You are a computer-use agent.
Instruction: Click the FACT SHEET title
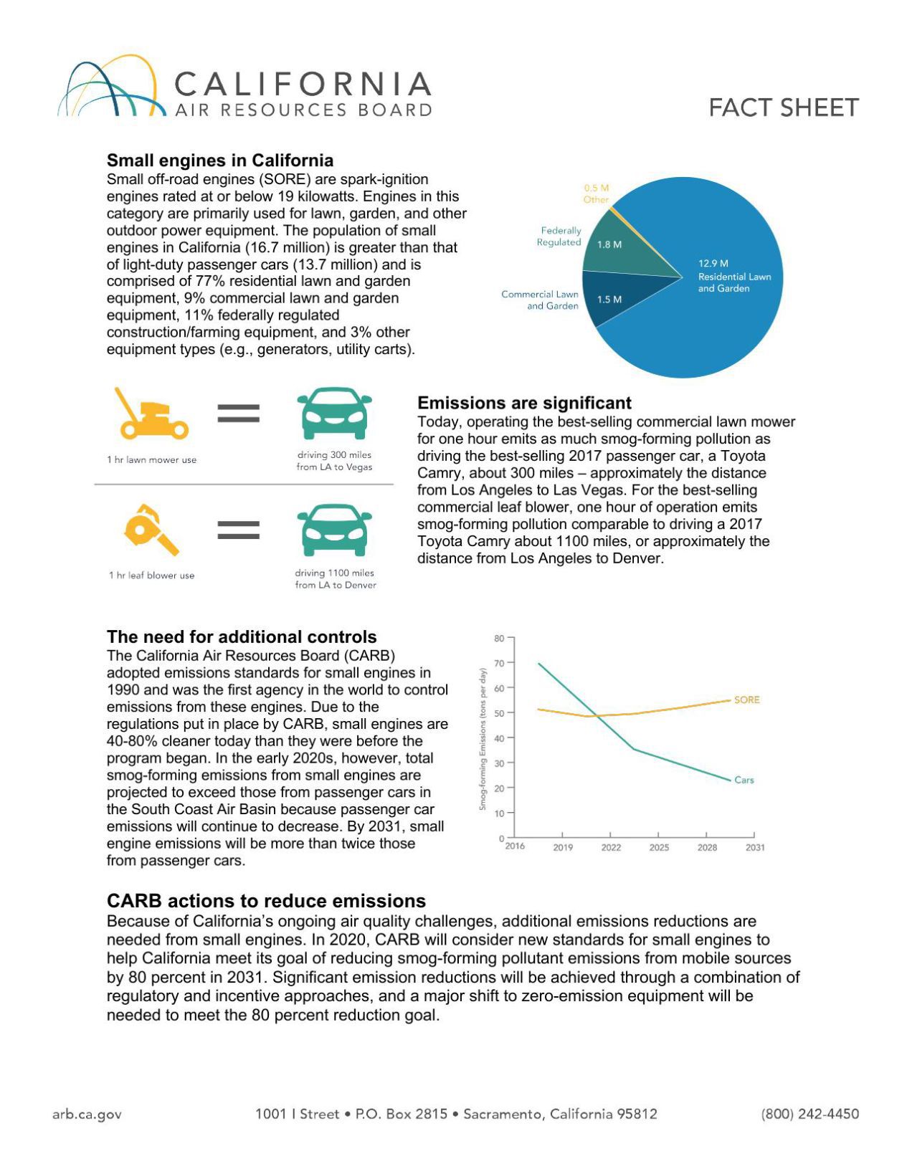pos(783,108)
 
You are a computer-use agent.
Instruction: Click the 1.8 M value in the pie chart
pos(609,244)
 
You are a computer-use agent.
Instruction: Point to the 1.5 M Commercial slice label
pos(609,300)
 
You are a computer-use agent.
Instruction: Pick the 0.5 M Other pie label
pos(596,194)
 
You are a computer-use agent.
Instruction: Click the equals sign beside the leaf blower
pos(238,530)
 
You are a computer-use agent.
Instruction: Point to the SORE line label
pos(746,700)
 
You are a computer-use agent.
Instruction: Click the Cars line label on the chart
pos(744,780)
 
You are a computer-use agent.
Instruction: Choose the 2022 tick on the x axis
pos(611,847)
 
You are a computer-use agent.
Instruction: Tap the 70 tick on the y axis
pos(499,663)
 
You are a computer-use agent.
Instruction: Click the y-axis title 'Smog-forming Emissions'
pos(483,739)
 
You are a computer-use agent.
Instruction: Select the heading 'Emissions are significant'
pos(524,403)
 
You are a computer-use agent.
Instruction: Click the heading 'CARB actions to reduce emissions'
pos(266,901)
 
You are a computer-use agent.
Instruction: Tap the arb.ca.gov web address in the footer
pos(87,1114)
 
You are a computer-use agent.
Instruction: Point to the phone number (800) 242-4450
pos(809,1114)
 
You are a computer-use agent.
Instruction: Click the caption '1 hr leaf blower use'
pos(151,576)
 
